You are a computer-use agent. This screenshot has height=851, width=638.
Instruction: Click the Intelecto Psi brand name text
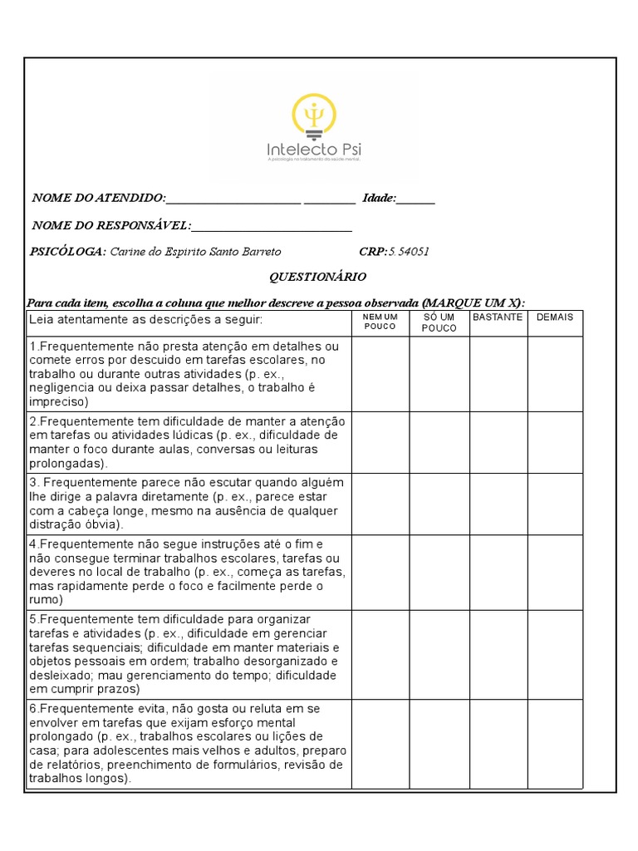click(314, 150)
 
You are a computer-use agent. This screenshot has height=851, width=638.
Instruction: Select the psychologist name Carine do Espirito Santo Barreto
click(195, 252)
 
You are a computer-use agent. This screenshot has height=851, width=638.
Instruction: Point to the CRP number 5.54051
click(409, 252)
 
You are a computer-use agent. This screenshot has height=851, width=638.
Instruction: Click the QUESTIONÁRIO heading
click(317, 277)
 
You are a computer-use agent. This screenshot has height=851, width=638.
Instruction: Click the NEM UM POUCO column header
click(380, 322)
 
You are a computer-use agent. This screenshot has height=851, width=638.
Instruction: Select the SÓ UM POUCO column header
click(439, 322)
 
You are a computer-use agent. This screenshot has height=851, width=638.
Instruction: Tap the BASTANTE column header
click(498, 317)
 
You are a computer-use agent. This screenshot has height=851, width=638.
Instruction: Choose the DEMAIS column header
click(555, 317)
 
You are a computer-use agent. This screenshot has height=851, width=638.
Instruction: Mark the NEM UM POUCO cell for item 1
click(380, 374)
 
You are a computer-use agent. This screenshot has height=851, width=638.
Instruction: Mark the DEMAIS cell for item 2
click(555, 442)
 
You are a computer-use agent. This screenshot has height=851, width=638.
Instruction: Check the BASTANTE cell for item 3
click(498, 504)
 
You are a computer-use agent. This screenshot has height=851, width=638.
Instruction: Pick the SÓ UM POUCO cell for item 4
click(439, 572)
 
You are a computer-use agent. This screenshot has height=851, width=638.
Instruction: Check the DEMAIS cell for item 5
click(555, 654)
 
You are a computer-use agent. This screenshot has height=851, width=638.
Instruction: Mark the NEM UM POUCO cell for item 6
click(380, 743)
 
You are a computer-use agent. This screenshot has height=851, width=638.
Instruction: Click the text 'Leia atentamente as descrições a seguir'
click(145, 320)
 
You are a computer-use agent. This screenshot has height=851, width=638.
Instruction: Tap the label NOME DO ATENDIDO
click(97, 198)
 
